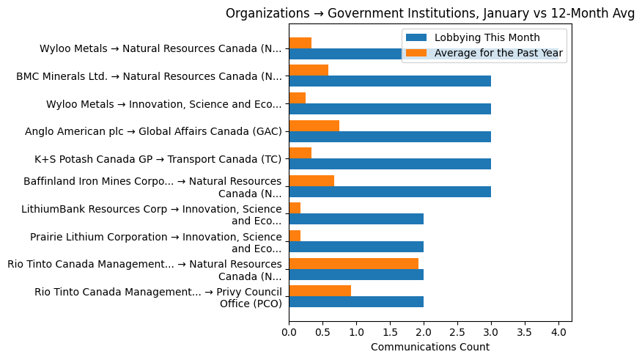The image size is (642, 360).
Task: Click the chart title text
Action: [430, 13]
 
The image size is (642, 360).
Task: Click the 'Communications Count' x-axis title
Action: [430, 347]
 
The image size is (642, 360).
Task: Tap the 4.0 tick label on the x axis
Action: [558, 332]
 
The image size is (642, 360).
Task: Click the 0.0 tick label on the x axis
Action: [289, 332]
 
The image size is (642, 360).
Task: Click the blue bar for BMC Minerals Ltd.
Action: [390, 81]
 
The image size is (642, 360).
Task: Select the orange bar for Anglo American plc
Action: [314, 125]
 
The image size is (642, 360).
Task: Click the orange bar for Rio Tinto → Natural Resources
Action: [353, 263]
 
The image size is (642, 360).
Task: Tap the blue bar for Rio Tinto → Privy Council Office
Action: [356, 302]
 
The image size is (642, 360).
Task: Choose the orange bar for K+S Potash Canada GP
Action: [300, 153]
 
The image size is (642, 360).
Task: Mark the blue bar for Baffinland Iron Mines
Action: [390, 192]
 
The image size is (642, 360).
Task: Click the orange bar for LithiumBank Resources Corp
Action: [295, 208]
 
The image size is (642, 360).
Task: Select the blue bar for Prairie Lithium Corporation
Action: [356, 247]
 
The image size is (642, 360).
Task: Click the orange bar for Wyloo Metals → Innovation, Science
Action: [297, 98]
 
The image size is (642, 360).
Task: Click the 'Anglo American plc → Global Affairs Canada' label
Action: [153, 132]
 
